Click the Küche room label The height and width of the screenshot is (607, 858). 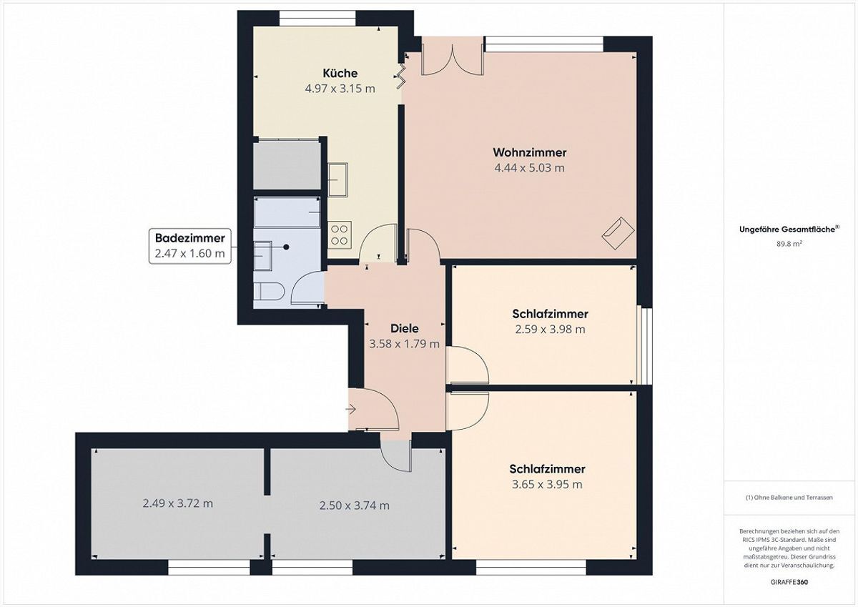[x=340, y=73]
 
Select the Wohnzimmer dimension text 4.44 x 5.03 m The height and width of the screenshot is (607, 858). [x=529, y=168]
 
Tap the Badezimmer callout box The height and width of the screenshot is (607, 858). [x=190, y=246]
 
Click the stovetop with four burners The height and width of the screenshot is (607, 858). [x=340, y=235]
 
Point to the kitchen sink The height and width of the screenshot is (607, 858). [x=337, y=179]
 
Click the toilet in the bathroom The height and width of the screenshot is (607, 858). [x=269, y=291]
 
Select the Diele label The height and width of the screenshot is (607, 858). [x=405, y=328]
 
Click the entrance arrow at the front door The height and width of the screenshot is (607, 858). [x=350, y=410]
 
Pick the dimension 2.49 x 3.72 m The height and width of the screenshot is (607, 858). [x=178, y=503]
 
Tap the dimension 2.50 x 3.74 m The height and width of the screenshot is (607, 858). [x=355, y=505]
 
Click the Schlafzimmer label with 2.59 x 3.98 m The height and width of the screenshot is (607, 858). [x=550, y=314]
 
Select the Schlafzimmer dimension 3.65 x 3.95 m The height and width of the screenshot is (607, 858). [x=547, y=485]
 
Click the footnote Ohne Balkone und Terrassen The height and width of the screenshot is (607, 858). [x=789, y=498]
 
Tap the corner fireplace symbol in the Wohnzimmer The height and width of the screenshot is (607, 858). [x=618, y=233]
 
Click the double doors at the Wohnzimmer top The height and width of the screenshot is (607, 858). [x=452, y=59]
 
